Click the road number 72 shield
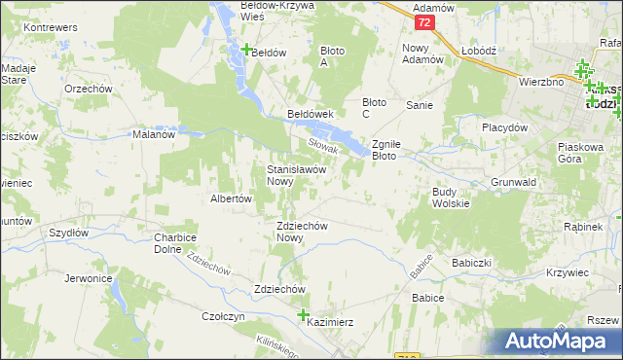click(x=423, y=21)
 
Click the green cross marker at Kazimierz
click(x=303, y=315)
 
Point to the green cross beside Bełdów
click(x=247, y=51)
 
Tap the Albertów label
click(x=232, y=198)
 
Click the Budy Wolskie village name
click(x=452, y=198)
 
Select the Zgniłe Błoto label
click(x=396, y=149)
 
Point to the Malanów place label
click(x=153, y=135)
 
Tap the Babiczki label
click(x=471, y=263)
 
